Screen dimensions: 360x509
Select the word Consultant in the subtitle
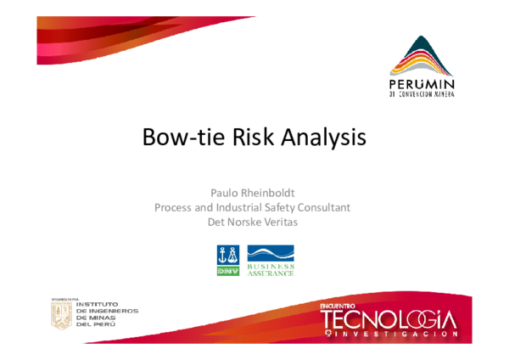click(x=322, y=207)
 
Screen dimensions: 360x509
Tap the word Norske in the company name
click(x=252, y=222)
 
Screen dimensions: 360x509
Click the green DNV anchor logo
click(x=227, y=259)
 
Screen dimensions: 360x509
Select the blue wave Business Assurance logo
click(x=271, y=254)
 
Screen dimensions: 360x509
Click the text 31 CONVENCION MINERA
click(x=422, y=95)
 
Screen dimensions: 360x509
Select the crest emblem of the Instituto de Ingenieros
click(x=61, y=315)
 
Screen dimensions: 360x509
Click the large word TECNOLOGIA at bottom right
click(x=388, y=319)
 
